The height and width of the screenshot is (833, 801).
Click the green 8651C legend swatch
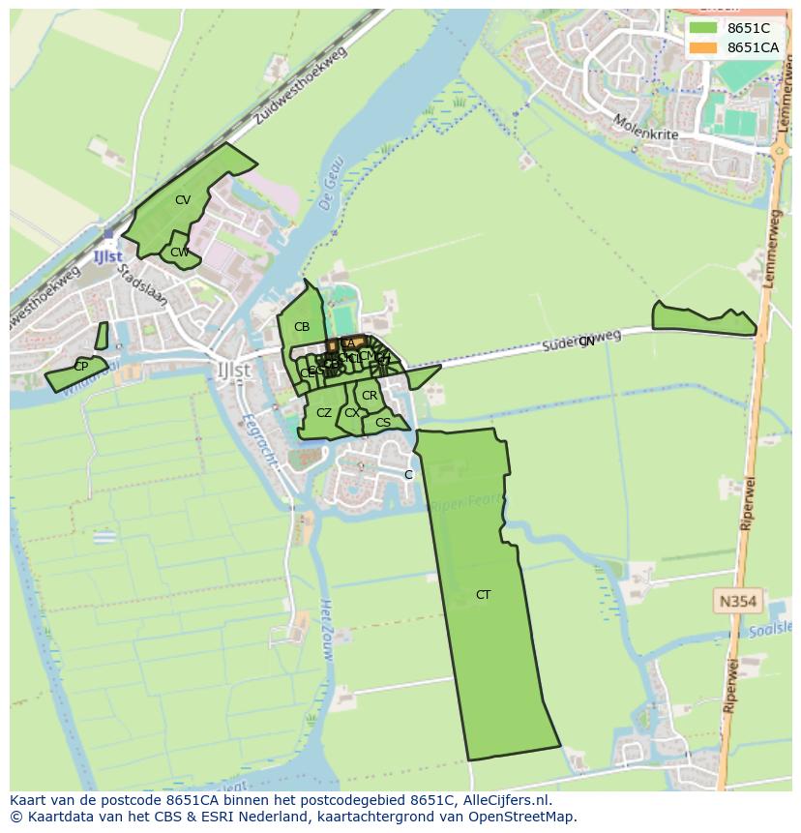tap(703, 28)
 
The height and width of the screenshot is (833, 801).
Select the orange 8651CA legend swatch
tap(703, 47)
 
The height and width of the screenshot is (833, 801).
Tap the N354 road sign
tap(738, 602)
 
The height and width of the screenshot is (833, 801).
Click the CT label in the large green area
tap(483, 595)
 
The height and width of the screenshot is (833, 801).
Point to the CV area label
tap(183, 200)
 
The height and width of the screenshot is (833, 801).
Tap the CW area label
tap(179, 253)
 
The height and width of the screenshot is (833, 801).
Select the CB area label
tap(302, 327)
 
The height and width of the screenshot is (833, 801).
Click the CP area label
tap(80, 367)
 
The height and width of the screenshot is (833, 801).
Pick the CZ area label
tap(324, 413)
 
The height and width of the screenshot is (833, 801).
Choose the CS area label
tap(383, 422)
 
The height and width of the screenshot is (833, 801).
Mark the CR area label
tap(370, 396)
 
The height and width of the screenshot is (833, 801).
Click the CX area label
tap(351, 413)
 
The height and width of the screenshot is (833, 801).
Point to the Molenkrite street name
tap(645, 127)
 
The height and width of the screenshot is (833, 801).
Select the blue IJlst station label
tap(107, 256)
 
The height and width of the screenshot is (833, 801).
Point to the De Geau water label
tap(330, 185)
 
